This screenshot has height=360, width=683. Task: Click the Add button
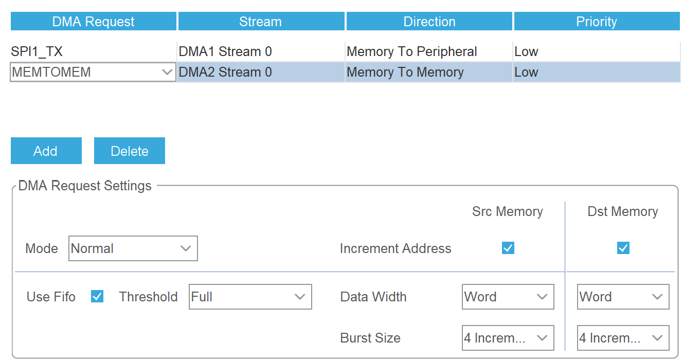point(46,151)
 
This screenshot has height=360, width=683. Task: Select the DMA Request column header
point(93,21)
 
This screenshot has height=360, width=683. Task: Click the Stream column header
point(261,21)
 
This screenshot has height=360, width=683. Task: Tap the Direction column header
point(429,21)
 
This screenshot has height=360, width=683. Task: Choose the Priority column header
point(597,21)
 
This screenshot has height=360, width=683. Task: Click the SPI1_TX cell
point(93,51)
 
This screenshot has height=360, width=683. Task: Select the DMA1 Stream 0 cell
point(261,51)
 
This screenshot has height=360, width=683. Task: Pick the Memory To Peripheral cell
point(429,51)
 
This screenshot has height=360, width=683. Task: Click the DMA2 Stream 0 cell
point(261,72)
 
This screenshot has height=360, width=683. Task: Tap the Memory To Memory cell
point(429,72)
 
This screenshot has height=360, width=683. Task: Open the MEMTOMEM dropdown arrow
point(167,72)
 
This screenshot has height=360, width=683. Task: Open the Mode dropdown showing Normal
point(133,248)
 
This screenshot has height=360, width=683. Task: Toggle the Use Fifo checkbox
point(97,296)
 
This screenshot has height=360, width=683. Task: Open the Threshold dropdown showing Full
point(250,297)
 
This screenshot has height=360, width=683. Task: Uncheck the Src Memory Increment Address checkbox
point(508,248)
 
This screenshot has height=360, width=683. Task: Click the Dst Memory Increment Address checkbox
point(623,248)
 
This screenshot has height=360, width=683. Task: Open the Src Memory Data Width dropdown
point(508,297)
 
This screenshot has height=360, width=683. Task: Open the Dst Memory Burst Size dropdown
point(623,338)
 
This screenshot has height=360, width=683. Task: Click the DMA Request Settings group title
point(85,186)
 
